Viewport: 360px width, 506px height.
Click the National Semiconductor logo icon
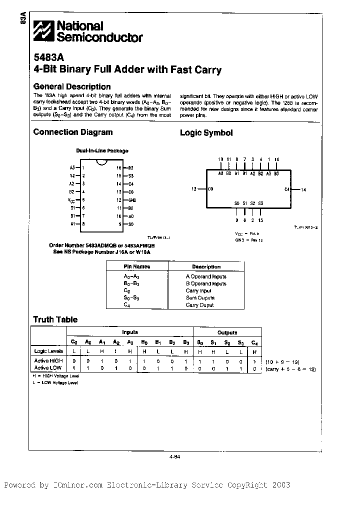click(43, 31)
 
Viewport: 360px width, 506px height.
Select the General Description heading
click(71, 86)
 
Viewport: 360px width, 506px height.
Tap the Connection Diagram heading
click(72, 132)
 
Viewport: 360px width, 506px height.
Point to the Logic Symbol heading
click(206, 133)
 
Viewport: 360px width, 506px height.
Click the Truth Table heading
click(55, 319)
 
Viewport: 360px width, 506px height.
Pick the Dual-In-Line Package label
click(102, 150)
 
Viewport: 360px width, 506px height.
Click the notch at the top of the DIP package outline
click(101, 161)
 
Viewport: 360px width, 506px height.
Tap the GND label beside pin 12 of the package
click(132, 199)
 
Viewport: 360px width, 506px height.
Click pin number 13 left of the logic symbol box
click(194, 189)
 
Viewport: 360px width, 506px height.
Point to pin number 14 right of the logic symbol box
click(303, 189)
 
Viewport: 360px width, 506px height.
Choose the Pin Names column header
click(136, 266)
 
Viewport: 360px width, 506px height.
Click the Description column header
click(206, 266)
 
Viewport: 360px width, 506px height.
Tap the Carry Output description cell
click(199, 305)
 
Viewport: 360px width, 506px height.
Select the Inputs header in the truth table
click(130, 332)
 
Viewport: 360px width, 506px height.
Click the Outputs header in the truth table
click(227, 332)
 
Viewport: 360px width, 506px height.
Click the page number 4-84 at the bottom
click(174, 455)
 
